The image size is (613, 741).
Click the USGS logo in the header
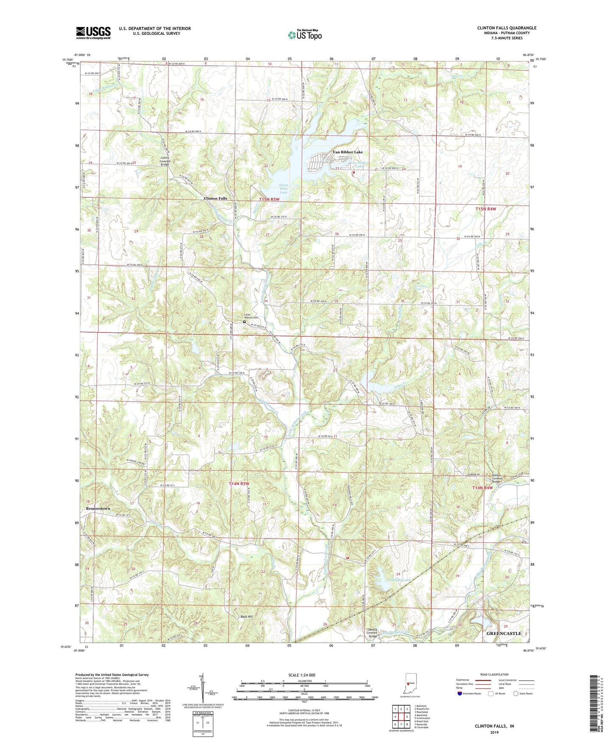93,32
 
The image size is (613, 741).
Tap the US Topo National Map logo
304,35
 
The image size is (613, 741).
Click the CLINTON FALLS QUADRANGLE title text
507,28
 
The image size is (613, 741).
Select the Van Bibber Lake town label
347,152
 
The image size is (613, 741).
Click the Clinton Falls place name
216,198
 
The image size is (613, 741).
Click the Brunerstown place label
98,508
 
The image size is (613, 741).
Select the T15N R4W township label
486,209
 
